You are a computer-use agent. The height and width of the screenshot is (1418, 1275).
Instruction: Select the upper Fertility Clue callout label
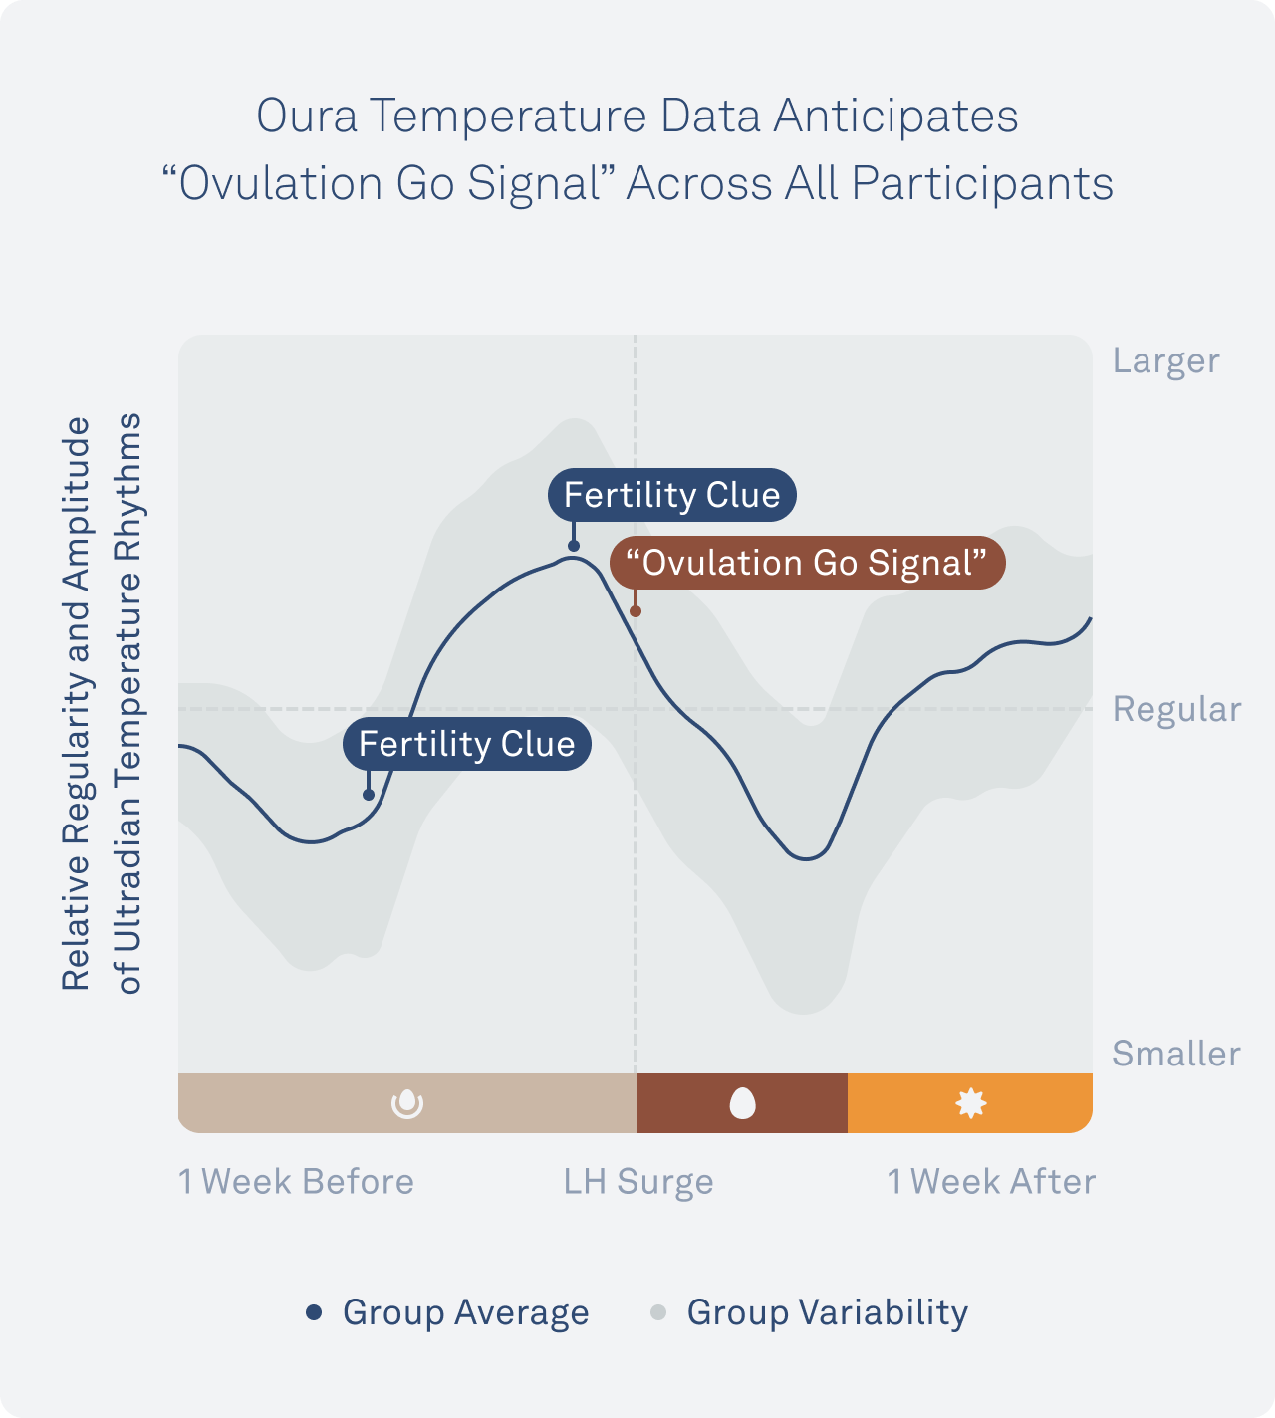pos(672,495)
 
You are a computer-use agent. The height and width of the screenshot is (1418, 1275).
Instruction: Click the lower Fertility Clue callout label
pos(467,744)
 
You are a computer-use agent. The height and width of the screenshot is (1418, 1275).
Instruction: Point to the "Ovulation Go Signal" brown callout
pos(807,563)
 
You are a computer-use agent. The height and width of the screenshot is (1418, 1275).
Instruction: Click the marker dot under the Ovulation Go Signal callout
pos(636,611)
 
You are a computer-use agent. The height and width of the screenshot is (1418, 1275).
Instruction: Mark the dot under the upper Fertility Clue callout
pos(574,546)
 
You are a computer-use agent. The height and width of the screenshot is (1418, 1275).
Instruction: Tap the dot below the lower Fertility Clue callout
pos(369,795)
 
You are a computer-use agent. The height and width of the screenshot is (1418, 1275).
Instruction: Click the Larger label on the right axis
pos(1165,360)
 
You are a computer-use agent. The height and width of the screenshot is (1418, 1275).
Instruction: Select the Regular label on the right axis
pos(1176,709)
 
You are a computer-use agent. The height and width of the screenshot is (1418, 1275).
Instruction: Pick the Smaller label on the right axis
pos(1175,1054)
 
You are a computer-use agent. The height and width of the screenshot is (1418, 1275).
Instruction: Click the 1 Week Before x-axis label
pos(296,1182)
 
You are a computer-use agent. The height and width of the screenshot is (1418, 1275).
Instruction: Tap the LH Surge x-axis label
pos(638,1182)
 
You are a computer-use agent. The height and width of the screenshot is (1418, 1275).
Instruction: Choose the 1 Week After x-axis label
pos(991,1182)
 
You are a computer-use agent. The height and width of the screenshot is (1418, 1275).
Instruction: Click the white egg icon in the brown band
pos(742,1103)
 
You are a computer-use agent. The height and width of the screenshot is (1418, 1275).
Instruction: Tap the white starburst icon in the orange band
pos(970,1103)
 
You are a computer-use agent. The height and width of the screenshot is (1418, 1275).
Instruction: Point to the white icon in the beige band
pos(407,1103)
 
